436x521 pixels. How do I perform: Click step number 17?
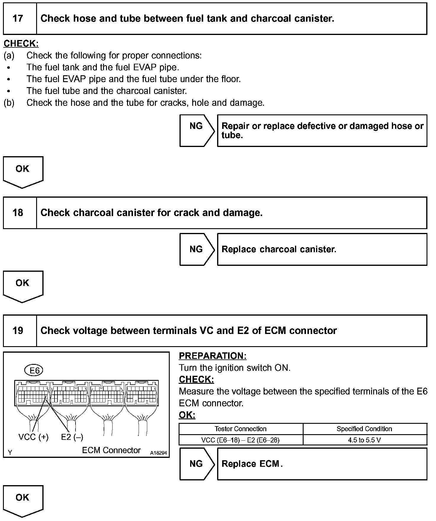click(x=18, y=18)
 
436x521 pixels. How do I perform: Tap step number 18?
click(x=18, y=212)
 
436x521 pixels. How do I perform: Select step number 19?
click(x=18, y=330)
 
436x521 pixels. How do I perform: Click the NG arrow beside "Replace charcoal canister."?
click(x=196, y=249)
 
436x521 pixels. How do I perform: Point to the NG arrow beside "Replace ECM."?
click(x=196, y=464)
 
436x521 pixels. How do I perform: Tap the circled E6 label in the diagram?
click(x=34, y=370)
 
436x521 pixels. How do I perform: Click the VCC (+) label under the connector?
click(x=33, y=437)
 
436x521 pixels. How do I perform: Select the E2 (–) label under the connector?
click(x=72, y=437)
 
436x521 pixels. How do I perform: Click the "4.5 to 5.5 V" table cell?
click(x=364, y=440)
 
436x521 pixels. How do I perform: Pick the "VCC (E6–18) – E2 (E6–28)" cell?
click(x=240, y=440)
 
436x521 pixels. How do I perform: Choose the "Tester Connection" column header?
click(x=240, y=429)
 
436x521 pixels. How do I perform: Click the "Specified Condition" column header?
click(x=364, y=429)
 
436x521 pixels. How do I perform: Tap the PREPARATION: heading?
click(x=212, y=356)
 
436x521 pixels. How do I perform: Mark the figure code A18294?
click(x=158, y=453)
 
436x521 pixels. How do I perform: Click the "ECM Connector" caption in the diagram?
click(x=111, y=450)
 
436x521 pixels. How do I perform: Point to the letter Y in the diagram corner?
click(x=10, y=453)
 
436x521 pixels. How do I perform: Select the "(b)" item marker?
click(x=9, y=103)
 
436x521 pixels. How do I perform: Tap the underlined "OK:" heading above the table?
click(x=187, y=415)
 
